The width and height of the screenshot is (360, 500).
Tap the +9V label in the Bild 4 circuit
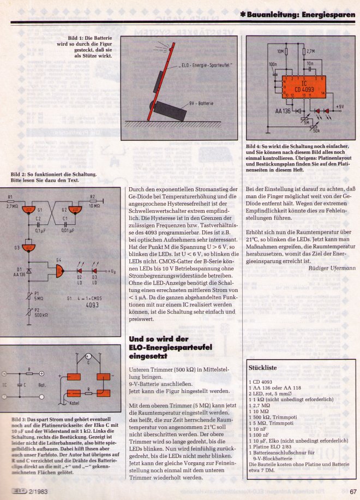tap(338, 106)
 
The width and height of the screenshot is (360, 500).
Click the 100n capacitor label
tap(273, 64)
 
